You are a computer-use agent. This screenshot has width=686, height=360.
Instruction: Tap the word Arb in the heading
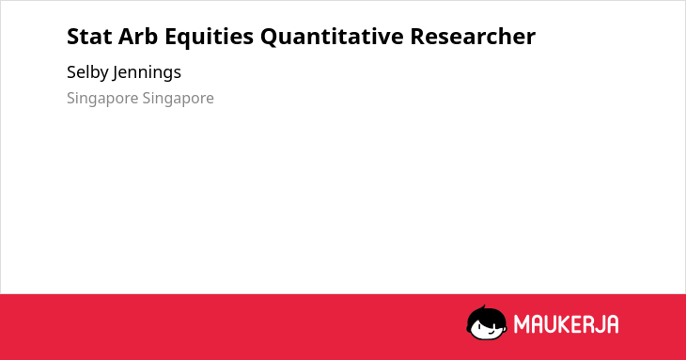coord(138,36)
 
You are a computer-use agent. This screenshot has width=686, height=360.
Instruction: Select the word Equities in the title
coord(210,37)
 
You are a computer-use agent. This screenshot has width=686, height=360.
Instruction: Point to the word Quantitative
coord(332,37)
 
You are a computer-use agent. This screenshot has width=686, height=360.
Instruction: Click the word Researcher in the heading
coord(473,37)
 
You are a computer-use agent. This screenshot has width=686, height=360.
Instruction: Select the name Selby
coord(87,72)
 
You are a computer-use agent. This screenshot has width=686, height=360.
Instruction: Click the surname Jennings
coord(147,72)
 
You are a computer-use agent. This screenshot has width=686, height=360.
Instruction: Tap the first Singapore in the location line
coord(102,99)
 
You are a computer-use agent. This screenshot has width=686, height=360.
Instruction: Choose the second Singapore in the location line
coord(178,99)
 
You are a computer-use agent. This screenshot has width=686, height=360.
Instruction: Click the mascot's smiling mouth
coord(491,331)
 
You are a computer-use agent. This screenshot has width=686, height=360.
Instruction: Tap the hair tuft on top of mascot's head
coord(483,307)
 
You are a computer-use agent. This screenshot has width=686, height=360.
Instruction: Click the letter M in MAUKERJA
coord(522,324)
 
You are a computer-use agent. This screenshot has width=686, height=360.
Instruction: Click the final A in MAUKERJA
coord(612,324)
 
